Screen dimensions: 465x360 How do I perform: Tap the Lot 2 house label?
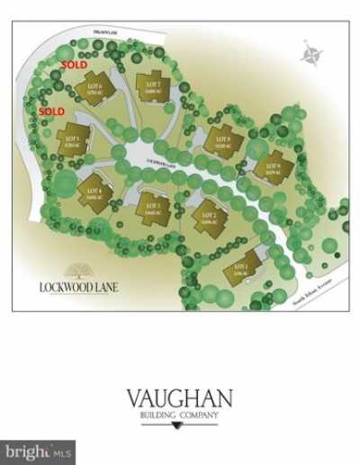pyautogui.click(x=208, y=217)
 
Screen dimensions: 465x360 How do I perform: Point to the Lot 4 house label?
pyautogui.click(x=93, y=190)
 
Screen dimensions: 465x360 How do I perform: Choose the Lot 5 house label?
pyautogui.click(x=75, y=140)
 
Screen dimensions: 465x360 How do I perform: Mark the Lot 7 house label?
pyautogui.click(x=151, y=85)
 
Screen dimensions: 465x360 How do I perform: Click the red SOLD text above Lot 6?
pyautogui.click(x=74, y=66)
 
